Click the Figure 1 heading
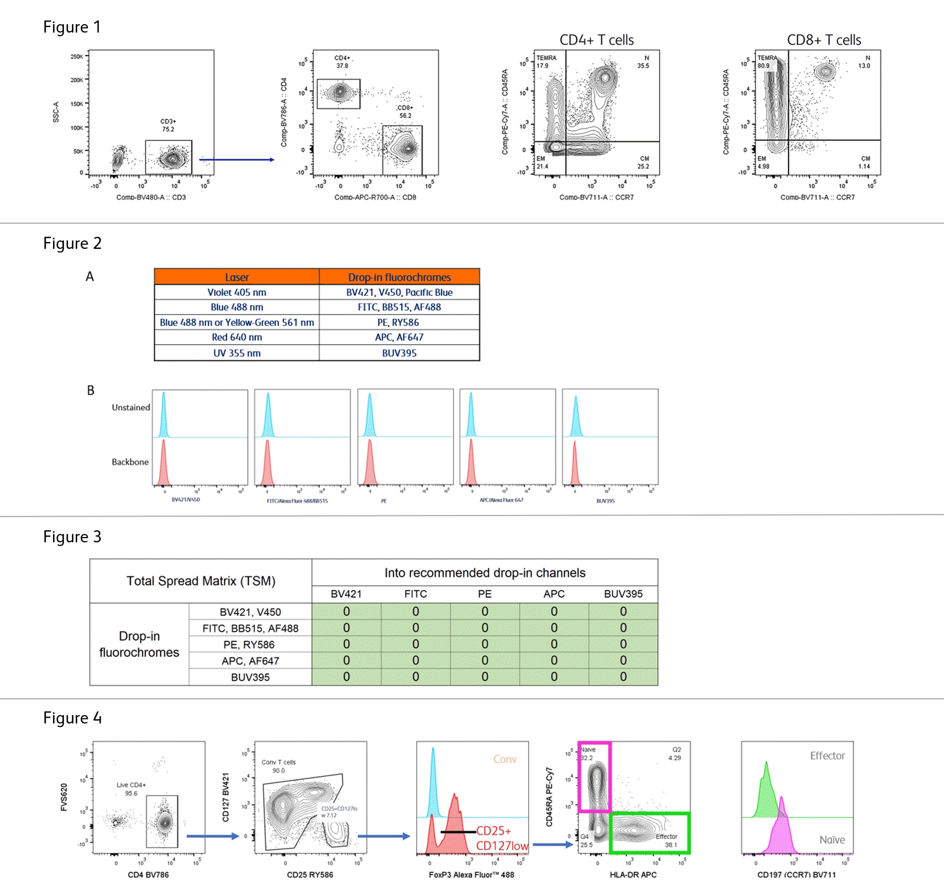click(x=72, y=27)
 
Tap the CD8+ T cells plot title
click(x=824, y=40)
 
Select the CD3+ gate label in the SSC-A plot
click(x=168, y=125)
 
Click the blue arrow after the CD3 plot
click(x=236, y=160)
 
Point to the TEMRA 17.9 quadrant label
click(x=546, y=61)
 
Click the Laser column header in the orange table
click(x=237, y=277)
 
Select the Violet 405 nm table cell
click(x=237, y=292)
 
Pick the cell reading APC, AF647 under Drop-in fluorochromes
click(x=399, y=337)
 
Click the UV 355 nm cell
click(x=237, y=353)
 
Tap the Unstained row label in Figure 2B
click(x=131, y=407)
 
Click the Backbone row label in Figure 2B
click(x=130, y=462)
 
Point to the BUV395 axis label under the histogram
click(x=605, y=501)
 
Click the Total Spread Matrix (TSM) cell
click(x=201, y=581)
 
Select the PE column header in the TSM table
click(x=485, y=594)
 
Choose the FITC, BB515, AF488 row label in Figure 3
click(x=250, y=628)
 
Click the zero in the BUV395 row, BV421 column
click(x=347, y=677)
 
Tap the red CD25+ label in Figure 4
click(x=494, y=831)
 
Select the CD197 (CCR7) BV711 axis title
click(x=796, y=875)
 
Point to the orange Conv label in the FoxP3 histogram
click(x=505, y=759)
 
